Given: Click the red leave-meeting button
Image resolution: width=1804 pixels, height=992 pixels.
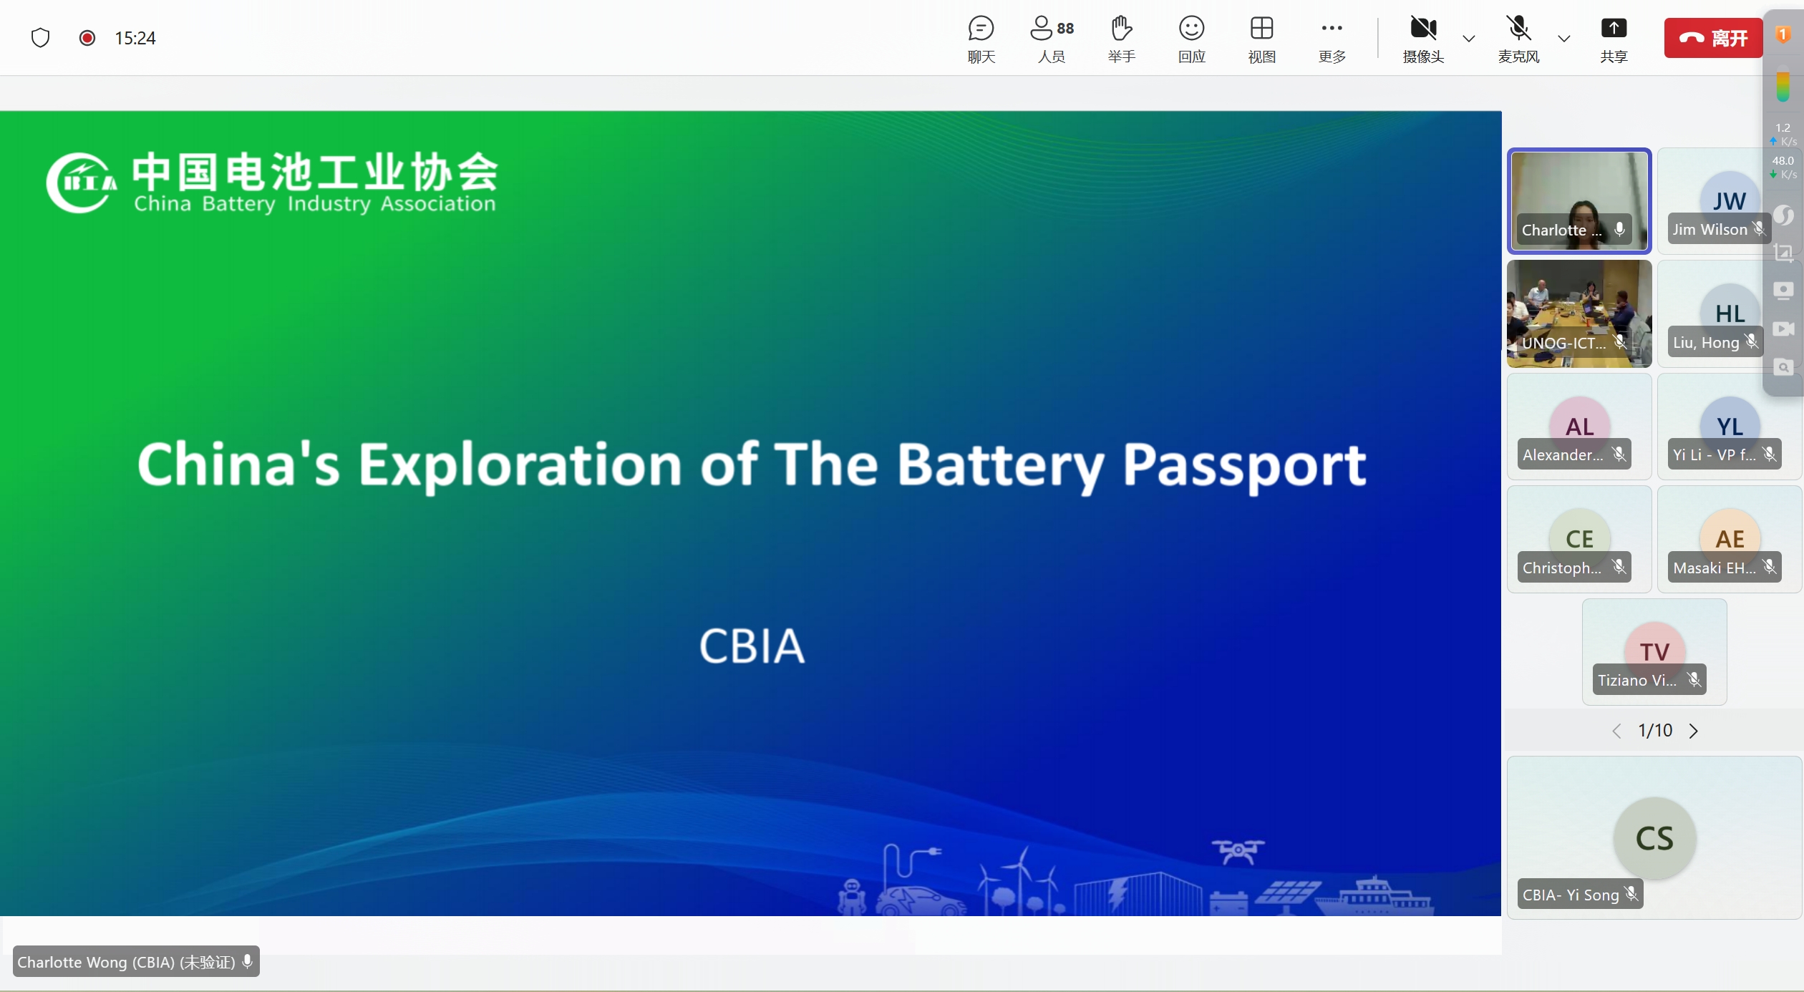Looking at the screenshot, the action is coord(1712,38).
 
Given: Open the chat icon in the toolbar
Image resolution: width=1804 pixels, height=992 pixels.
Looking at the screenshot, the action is coord(981,29).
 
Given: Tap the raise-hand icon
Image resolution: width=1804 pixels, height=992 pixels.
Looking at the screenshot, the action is coord(1121,29).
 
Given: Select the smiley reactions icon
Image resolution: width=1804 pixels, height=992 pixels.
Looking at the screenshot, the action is coord(1191,29).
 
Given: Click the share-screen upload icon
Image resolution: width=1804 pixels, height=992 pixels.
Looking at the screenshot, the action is coord(1614,29).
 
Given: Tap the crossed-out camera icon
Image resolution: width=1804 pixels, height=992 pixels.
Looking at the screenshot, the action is coord(1423,29).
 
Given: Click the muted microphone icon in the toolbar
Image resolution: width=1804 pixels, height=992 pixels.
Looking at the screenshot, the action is coord(1518,29).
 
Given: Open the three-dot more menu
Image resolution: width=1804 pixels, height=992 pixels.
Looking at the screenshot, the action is coord(1332,29).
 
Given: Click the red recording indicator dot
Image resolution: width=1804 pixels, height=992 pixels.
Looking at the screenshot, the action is coord(87,38).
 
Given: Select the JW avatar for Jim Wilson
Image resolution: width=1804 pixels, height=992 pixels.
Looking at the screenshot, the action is coord(1729,199).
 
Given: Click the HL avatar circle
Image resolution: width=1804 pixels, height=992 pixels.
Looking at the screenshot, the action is coord(1730,313).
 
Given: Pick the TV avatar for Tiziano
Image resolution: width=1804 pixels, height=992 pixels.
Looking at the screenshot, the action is coord(1654,651).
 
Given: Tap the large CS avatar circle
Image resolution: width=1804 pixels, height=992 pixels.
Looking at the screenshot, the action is coord(1654,838).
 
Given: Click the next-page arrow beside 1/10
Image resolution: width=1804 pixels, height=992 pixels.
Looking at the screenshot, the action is coord(1693,731).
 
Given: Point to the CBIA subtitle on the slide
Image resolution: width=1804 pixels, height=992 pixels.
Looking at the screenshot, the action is coord(752,646).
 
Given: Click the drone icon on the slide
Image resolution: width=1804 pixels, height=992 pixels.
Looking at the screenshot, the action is coord(1238,851).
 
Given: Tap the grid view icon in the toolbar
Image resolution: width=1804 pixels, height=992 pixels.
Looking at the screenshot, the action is coord(1261,29).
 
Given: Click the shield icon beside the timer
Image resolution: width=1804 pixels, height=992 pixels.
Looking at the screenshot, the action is coord(41,38).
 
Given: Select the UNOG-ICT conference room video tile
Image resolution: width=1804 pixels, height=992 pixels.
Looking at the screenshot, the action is coord(1579,313).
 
